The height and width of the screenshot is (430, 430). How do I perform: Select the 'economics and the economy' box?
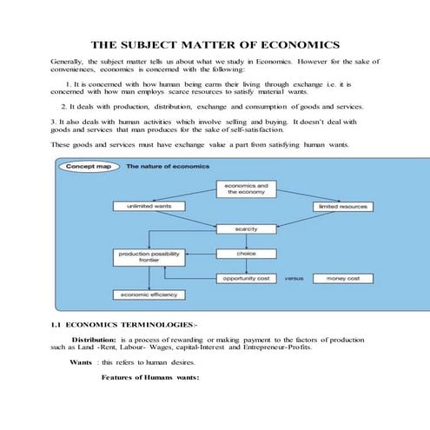point(246,189)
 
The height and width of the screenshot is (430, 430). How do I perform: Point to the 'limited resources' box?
point(343,206)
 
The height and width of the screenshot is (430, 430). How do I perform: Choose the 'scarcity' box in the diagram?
point(246,228)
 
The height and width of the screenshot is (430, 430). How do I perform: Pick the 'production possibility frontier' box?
point(149,256)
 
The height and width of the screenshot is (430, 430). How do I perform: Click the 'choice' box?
point(246,254)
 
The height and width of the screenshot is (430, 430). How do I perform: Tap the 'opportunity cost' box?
point(246,278)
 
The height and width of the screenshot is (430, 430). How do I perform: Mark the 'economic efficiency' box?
point(149,294)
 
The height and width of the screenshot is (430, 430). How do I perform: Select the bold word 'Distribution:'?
point(94,338)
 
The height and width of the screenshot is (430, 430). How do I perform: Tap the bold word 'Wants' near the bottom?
point(83,361)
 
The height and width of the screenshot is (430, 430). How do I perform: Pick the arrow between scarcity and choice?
point(246,241)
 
